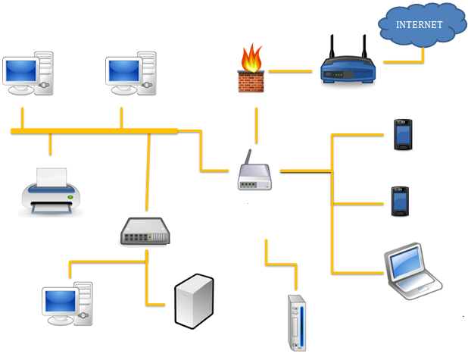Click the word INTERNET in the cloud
click(420, 25)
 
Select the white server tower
click(194, 302)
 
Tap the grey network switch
click(145, 230)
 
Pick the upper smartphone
click(403, 135)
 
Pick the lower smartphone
click(401, 202)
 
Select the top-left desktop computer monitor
click(21, 71)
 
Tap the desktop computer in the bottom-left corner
click(67, 303)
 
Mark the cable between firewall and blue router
click(290, 71)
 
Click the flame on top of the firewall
click(249, 58)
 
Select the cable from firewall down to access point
click(256, 124)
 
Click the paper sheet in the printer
click(51, 177)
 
